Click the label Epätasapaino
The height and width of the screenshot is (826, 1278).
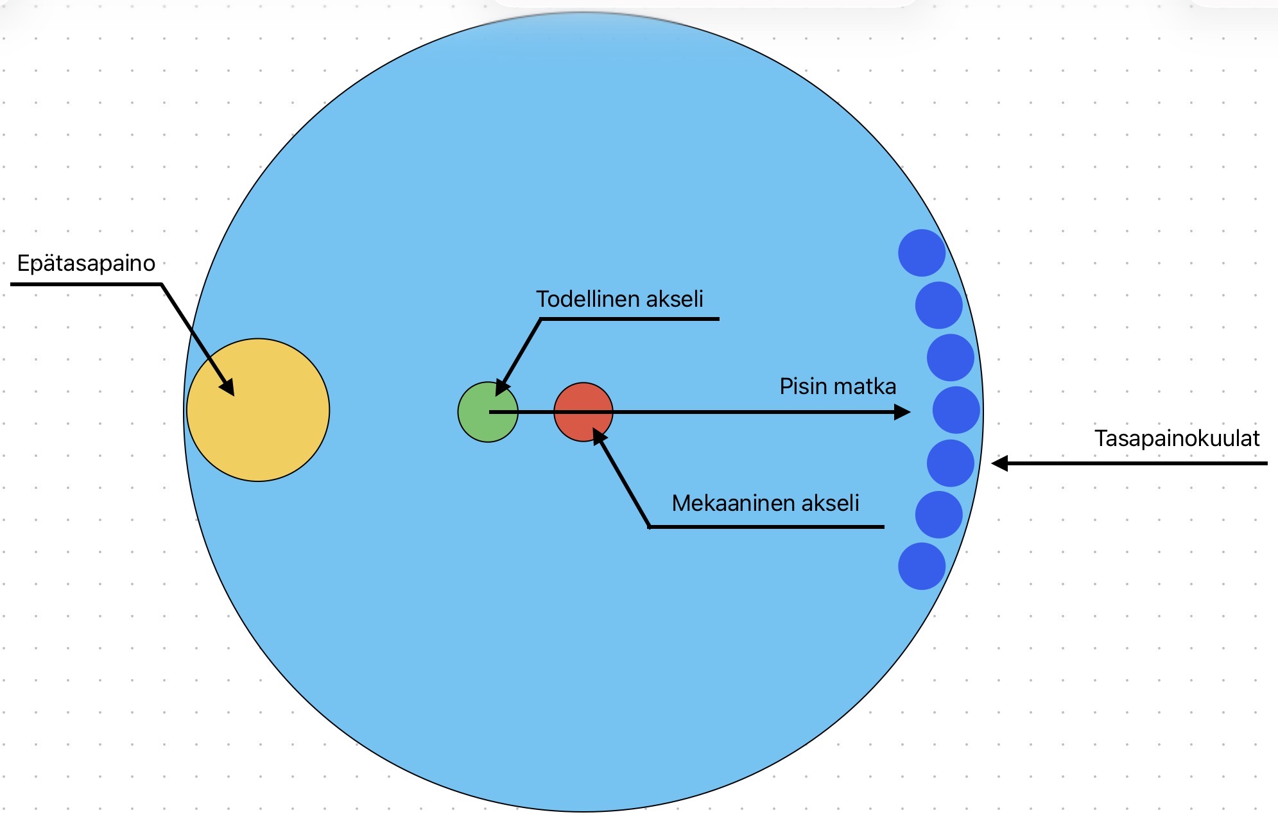tap(86, 263)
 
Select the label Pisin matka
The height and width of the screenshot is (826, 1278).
tap(838, 386)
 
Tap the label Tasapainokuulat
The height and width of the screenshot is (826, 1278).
tap(1177, 438)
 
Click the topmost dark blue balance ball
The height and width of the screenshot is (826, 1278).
tap(922, 253)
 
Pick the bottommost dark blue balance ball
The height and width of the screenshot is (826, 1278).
tap(922, 566)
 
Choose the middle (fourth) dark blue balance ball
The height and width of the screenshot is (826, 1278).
tap(956, 410)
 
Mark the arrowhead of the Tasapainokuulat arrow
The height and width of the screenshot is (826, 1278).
tap(999, 463)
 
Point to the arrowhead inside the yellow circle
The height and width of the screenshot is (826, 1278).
tap(227, 388)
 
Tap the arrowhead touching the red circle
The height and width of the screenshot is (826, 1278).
tap(599, 436)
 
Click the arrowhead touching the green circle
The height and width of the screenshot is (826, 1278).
tap(502, 388)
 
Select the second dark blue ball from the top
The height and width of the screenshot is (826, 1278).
tap(938, 305)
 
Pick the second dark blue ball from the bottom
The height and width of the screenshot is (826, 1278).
tap(938, 515)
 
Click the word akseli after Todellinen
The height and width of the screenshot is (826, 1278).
tap(675, 299)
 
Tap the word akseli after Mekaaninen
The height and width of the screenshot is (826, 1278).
tap(829, 503)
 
